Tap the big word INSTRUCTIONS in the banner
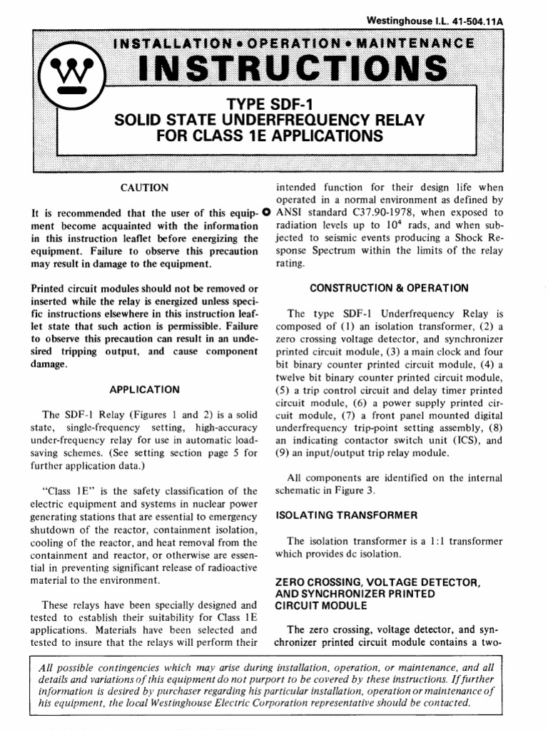coord(293,69)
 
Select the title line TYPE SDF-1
coord(265,106)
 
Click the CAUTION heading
coord(146,188)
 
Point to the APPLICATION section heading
coord(145,390)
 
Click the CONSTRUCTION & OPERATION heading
coord(389,288)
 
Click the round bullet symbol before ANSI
coord(266,212)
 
